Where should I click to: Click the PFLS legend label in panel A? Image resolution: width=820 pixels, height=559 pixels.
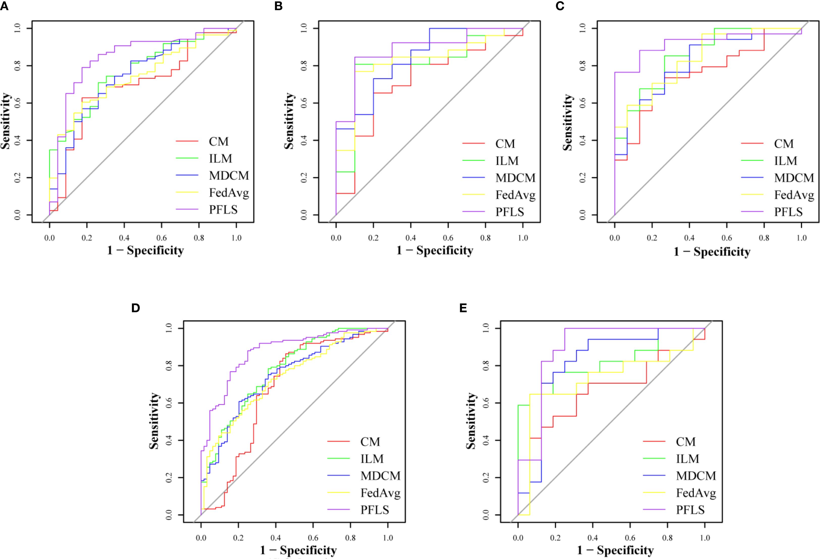[223, 210]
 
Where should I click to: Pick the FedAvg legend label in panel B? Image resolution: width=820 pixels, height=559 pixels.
[515, 195]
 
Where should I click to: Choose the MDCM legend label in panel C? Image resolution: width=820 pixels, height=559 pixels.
[794, 178]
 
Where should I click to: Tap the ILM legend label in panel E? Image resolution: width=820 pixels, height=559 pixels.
[687, 459]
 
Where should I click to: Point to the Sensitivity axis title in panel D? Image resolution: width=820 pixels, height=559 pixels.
[154, 421]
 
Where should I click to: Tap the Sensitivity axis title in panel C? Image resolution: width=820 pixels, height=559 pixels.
[567, 122]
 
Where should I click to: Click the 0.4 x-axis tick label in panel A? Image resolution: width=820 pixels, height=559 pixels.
[124, 238]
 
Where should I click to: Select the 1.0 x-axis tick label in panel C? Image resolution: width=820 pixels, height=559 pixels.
[802, 238]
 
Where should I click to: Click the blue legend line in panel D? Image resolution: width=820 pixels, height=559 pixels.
[338, 476]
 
